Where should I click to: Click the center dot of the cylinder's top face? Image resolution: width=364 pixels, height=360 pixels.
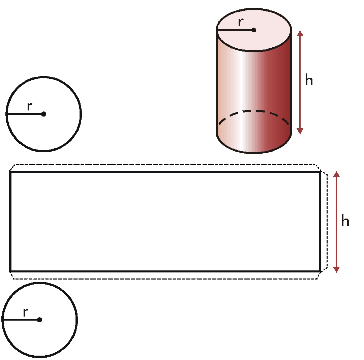click(x=254, y=30)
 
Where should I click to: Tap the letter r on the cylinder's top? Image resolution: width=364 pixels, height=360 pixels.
click(x=240, y=22)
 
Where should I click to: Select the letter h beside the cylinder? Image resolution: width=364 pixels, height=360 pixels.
click(x=309, y=80)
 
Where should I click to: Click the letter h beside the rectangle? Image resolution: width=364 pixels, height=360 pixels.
click(x=345, y=221)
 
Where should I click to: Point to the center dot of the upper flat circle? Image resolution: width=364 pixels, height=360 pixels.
click(x=43, y=114)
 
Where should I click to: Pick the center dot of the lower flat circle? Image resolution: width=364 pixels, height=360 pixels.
click(x=39, y=320)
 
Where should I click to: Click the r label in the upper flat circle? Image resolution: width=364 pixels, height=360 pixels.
click(x=29, y=106)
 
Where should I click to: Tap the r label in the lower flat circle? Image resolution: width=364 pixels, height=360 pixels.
click(x=25, y=312)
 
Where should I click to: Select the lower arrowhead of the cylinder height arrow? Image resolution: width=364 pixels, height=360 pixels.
click(x=300, y=131)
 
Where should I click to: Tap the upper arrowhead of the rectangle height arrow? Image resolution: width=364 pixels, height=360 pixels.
click(x=336, y=174)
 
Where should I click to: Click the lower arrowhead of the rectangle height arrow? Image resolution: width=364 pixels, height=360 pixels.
click(x=336, y=269)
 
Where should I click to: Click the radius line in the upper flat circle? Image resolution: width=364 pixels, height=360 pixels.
click(x=25, y=114)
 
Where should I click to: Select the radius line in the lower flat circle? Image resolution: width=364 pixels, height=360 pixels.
click(x=21, y=320)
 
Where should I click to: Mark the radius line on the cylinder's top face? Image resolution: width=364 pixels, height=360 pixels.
click(x=235, y=30)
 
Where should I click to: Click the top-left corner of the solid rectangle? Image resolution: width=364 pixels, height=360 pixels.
click(x=10, y=172)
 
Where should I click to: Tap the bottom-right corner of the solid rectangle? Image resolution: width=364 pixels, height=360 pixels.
click(x=320, y=271)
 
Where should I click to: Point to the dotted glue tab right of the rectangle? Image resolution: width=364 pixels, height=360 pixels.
click(x=324, y=221)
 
